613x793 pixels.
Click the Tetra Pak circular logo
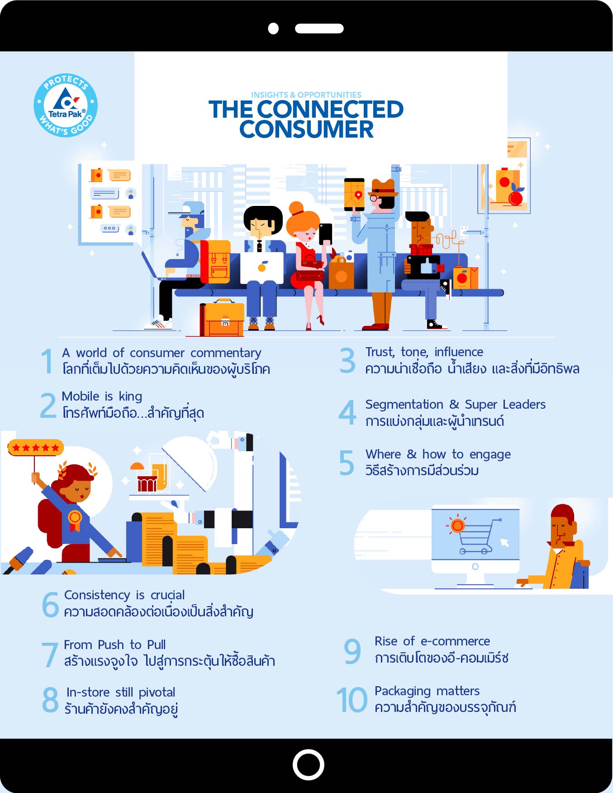(x=66, y=105)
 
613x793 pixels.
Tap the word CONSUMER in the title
(x=307, y=129)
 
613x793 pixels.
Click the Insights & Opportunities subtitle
(x=306, y=95)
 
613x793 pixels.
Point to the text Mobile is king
(x=102, y=396)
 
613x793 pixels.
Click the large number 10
(x=352, y=699)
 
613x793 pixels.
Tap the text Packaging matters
(x=427, y=691)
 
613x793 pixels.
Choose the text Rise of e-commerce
(x=432, y=641)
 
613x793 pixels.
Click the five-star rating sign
(x=36, y=448)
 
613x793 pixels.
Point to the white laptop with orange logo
(x=261, y=268)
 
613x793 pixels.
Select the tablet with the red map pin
(x=354, y=194)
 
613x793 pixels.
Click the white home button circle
(x=308, y=764)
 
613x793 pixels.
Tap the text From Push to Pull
(x=115, y=645)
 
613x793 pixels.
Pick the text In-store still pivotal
(x=121, y=692)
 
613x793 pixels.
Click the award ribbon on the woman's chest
(x=75, y=520)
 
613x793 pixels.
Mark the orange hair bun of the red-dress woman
(x=296, y=208)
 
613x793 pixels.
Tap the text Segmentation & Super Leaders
(x=456, y=404)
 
